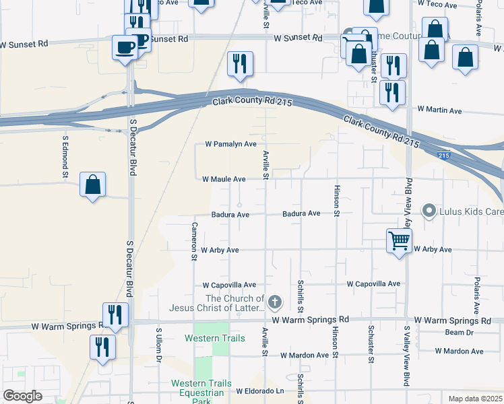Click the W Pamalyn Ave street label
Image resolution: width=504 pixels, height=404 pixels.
coord(231,144)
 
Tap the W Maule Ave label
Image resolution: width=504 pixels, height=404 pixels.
coord(224,179)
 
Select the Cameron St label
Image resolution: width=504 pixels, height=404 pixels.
coord(194,241)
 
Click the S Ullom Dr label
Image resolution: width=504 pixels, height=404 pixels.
coord(160,345)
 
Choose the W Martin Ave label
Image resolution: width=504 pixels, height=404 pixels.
coord(439,110)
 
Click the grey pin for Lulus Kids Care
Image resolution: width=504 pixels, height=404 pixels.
coord(428,211)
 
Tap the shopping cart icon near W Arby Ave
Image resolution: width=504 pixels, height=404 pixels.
coord(399,240)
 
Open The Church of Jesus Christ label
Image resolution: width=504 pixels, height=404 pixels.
coord(235,303)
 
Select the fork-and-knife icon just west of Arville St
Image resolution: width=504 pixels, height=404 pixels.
coord(240,64)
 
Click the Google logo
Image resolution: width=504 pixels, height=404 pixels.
coord(22,396)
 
